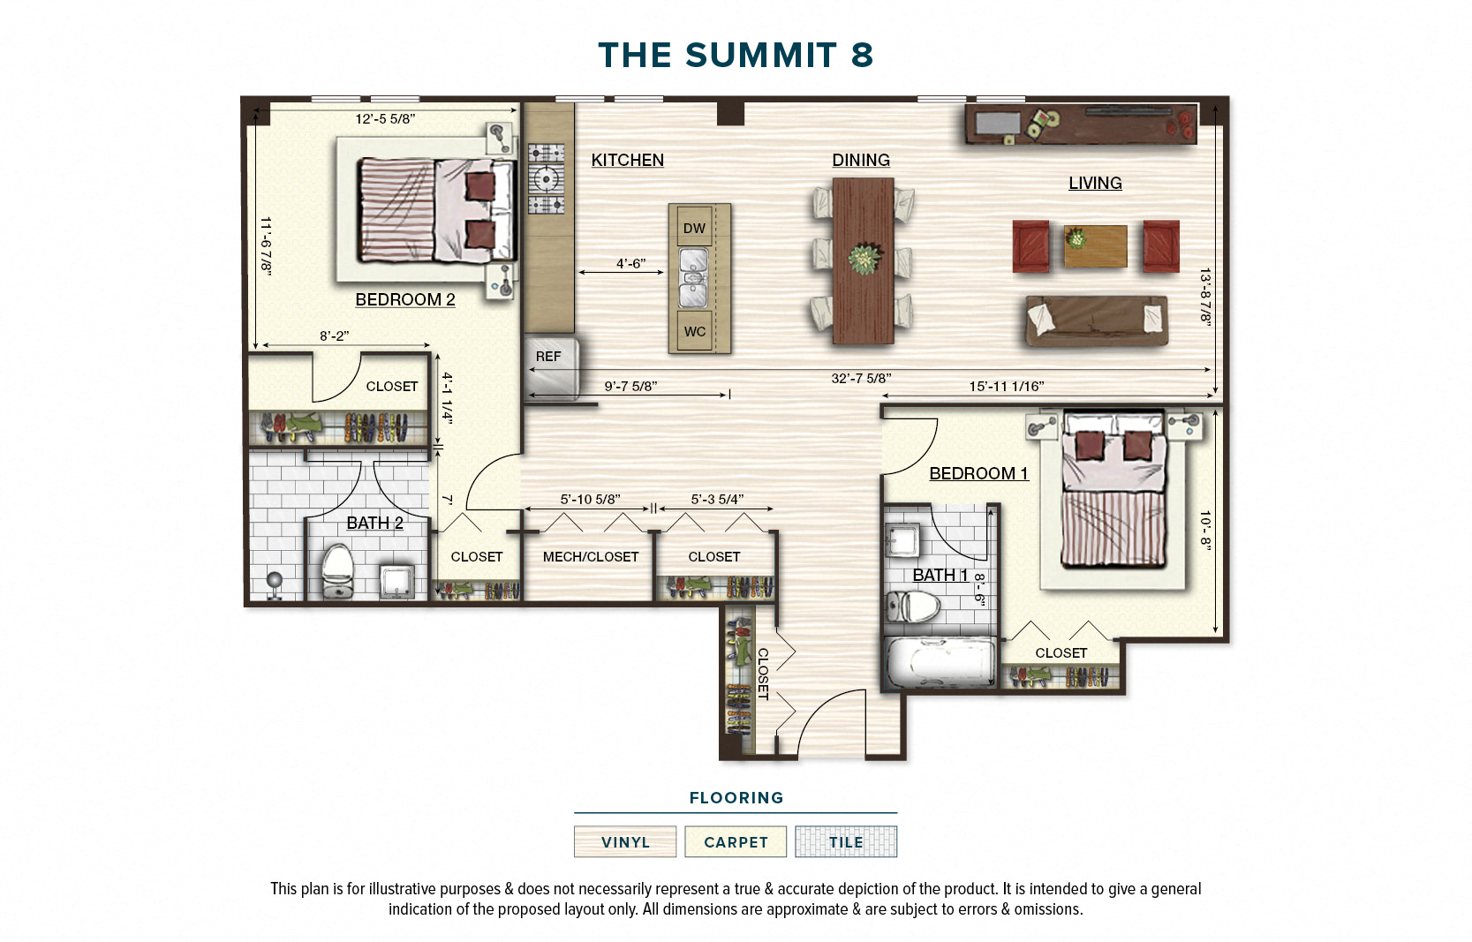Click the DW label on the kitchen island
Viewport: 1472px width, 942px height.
tap(694, 228)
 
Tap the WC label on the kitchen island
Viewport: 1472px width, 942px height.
tap(694, 332)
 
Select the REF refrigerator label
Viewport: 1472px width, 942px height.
tap(547, 357)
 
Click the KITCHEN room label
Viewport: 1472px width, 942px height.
tap(627, 160)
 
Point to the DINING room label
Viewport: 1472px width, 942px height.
tap(860, 160)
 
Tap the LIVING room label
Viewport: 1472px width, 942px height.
tap(1094, 183)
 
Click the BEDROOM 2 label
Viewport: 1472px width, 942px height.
tap(404, 299)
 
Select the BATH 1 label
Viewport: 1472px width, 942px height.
tap(940, 575)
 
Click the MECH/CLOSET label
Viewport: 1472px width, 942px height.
tap(590, 557)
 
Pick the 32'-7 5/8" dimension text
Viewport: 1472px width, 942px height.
tap(860, 379)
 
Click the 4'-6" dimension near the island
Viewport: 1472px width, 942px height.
tap(630, 263)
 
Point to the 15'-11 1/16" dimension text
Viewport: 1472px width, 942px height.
tap(1006, 387)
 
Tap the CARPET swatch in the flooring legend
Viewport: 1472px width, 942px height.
tap(736, 842)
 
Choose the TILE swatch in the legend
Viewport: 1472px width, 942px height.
tap(845, 842)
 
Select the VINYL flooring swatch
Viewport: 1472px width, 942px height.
tap(625, 842)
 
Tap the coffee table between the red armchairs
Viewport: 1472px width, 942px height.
tap(1095, 246)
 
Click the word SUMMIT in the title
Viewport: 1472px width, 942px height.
tap(760, 56)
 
